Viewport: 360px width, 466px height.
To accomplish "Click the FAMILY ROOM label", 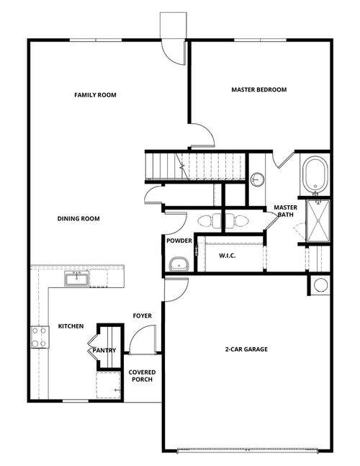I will pyautogui.click(x=95, y=95).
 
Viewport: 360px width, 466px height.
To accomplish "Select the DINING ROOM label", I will pyautogui.click(x=78, y=219).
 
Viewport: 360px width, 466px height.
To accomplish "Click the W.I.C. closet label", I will pyautogui.click(x=228, y=255).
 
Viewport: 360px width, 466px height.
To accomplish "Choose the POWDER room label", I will pyautogui.click(x=179, y=241).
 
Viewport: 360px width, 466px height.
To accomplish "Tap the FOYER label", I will pyautogui.click(x=142, y=316).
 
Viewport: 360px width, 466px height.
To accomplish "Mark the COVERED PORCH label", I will pyautogui.click(x=141, y=376).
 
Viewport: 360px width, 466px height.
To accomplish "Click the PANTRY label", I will pyautogui.click(x=105, y=351).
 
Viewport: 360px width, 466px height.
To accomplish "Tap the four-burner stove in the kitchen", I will pyautogui.click(x=37, y=336).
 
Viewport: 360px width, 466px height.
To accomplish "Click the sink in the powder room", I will pyautogui.click(x=177, y=264).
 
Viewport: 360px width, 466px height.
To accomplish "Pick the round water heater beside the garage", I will pyautogui.click(x=320, y=284).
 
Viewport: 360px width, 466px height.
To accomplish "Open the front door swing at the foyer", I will pyautogui.click(x=144, y=339).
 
